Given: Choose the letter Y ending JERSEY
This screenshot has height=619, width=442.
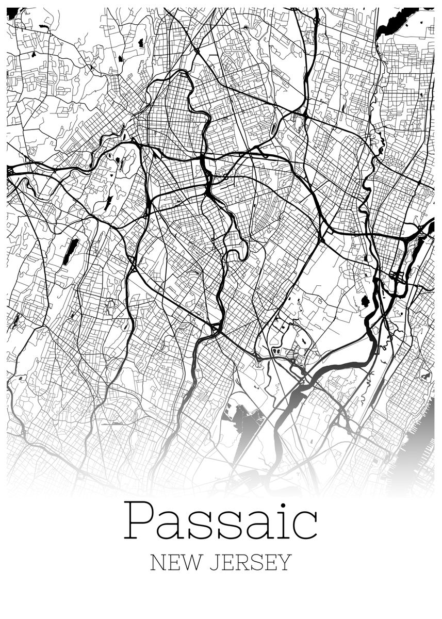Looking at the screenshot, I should pyautogui.click(x=285, y=562).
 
